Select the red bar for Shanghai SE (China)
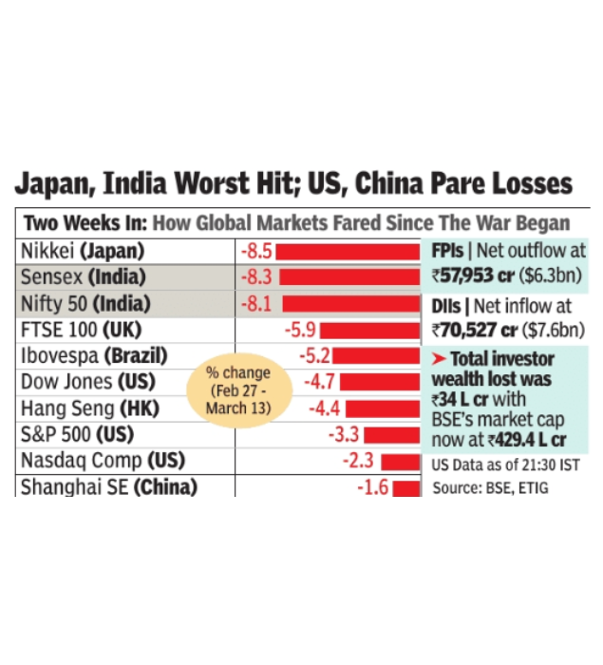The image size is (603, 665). [405, 487]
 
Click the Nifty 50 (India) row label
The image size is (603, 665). [84, 304]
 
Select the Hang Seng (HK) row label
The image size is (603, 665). [92, 408]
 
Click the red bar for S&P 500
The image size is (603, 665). [392, 435]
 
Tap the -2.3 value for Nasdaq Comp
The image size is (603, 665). [357, 461]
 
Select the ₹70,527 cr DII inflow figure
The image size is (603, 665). [473, 331]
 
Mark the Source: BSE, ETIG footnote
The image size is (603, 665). [490, 487]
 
